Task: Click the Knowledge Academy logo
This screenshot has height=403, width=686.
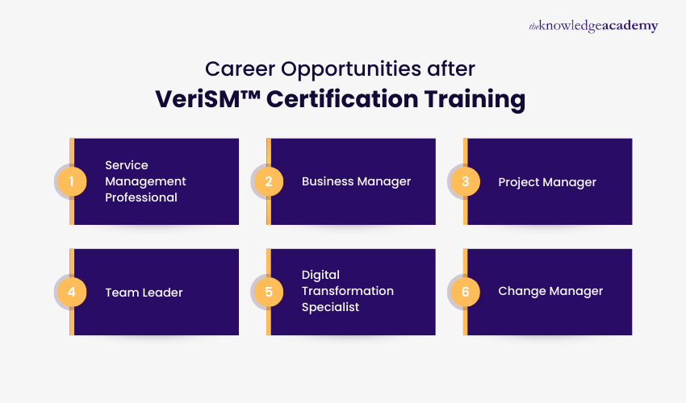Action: pyautogui.click(x=593, y=27)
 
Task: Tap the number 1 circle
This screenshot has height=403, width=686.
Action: pyautogui.click(x=71, y=181)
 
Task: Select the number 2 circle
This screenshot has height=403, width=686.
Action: pyautogui.click(x=268, y=181)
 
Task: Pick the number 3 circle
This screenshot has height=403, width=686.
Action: pyautogui.click(x=465, y=181)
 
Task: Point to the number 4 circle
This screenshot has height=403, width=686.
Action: pyautogui.click(x=71, y=292)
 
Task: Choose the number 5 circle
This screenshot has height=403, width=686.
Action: pyautogui.click(x=268, y=292)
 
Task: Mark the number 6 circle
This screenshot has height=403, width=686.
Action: pyautogui.click(x=465, y=292)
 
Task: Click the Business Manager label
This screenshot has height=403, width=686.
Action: pyautogui.click(x=356, y=181)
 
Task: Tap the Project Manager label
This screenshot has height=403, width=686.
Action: pyautogui.click(x=547, y=182)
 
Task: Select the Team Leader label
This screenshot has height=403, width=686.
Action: pyautogui.click(x=144, y=293)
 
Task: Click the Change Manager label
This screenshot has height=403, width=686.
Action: pyautogui.click(x=550, y=291)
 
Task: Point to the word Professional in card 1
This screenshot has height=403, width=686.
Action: pyautogui.click(x=141, y=197)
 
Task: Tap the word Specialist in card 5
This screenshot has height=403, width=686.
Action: pyautogui.click(x=330, y=307)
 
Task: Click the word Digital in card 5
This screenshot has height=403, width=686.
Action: pyautogui.click(x=321, y=275)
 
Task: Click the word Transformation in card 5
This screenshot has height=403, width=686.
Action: pyautogui.click(x=348, y=291)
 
